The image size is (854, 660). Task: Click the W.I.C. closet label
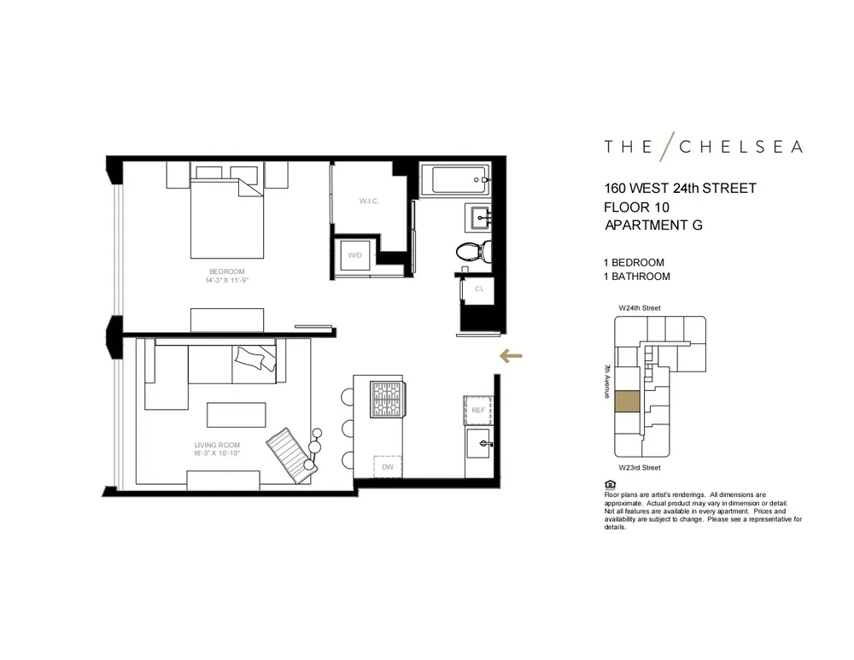(x=368, y=202)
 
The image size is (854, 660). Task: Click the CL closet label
(x=478, y=289)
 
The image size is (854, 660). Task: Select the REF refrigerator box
(x=478, y=411)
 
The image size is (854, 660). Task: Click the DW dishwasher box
(x=387, y=467)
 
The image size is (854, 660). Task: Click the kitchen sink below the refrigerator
(x=478, y=444)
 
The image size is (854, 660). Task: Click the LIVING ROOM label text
(x=217, y=445)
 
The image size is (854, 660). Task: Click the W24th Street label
(x=640, y=308)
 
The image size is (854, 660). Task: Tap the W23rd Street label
(x=640, y=468)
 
